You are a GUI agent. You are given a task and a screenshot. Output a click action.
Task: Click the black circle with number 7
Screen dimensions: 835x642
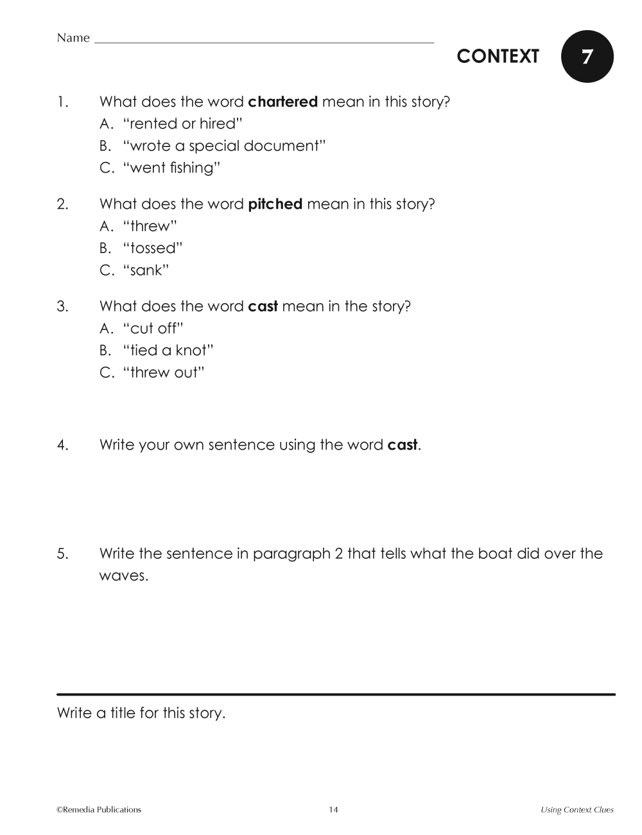587,57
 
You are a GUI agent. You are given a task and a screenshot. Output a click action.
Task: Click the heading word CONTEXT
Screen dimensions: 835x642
498,57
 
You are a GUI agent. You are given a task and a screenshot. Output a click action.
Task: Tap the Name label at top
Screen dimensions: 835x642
73,38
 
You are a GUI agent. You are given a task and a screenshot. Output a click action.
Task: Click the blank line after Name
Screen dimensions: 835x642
263,41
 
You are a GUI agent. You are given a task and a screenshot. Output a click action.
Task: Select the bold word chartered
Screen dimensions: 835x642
282,101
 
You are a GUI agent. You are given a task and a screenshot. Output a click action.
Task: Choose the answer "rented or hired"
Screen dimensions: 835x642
182,123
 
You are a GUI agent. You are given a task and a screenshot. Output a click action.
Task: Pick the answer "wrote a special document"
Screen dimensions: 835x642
224,146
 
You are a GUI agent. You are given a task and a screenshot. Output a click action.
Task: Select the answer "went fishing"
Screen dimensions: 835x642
171,168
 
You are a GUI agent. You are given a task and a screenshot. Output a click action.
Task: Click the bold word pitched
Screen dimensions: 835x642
275,204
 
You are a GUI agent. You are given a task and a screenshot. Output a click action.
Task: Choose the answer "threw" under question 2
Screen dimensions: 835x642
150,226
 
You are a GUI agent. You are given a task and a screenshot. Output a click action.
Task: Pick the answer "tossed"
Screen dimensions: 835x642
153,248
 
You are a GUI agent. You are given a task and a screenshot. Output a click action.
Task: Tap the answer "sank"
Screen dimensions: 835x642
146,270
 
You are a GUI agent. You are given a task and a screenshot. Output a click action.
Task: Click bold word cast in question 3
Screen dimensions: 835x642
263,306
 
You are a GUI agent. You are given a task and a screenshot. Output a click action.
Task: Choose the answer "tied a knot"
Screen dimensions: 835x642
168,350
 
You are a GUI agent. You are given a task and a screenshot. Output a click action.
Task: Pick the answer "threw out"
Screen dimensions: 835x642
164,373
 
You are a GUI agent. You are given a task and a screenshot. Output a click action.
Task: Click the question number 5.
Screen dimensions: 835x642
62,554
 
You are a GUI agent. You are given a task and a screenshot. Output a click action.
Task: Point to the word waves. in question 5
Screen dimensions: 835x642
123,576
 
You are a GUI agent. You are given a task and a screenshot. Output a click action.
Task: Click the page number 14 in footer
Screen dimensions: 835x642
333,809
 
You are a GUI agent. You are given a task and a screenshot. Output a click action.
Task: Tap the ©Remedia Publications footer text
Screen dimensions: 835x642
99,809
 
